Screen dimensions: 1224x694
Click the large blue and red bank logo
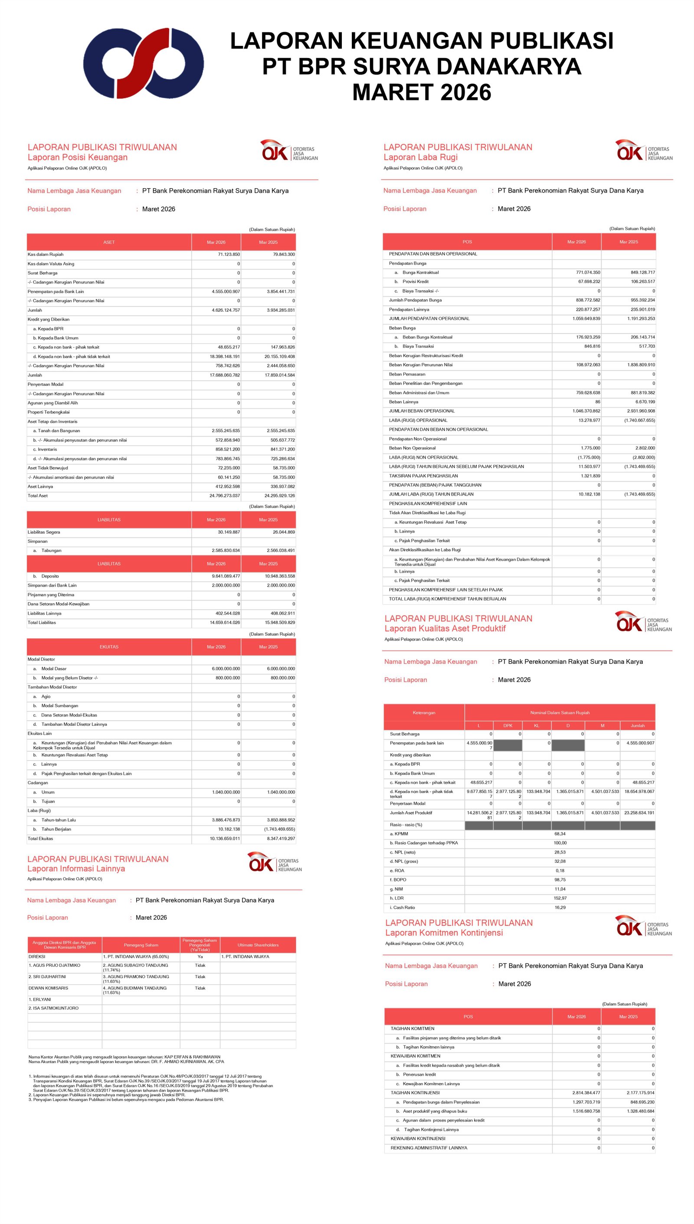click(x=144, y=63)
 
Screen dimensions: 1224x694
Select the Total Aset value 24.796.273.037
click(x=225, y=496)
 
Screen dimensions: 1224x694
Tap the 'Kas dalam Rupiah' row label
click(x=45, y=255)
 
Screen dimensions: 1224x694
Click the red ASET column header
click(x=109, y=242)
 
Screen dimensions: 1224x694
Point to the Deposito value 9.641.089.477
click(x=226, y=576)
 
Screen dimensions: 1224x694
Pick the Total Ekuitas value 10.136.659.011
click(x=225, y=839)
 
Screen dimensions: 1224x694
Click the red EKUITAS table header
click(x=109, y=647)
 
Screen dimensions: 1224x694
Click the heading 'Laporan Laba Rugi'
click(x=420, y=157)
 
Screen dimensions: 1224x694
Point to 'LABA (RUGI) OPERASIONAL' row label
click(x=418, y=420)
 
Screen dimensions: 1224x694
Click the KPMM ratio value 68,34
click(x=560, y=834)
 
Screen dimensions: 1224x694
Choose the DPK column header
click(x=507, y=726)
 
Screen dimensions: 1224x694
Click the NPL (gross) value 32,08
click(x=560, y=862)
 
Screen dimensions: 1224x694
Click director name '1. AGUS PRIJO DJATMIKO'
click(x=54, y=965)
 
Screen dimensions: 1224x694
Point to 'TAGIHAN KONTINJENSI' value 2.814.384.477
click(x=586, y=1093)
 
